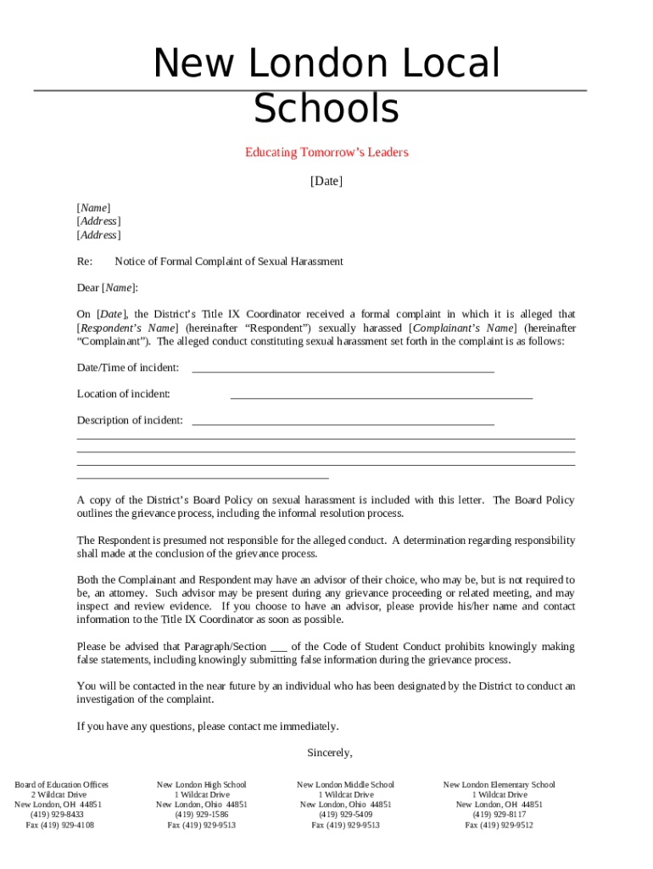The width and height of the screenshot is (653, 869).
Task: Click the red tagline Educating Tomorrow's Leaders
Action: pos(326,153)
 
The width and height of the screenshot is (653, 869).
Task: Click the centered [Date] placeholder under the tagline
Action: pos(326,181)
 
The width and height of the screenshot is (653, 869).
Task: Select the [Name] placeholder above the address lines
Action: pos(93,208)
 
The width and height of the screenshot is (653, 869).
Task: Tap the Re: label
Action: pos(85,261)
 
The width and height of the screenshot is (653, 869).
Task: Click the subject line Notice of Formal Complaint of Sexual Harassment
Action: pos(229,261)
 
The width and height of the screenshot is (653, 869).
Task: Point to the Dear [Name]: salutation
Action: pos(108,288)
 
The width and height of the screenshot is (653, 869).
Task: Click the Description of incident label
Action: pos(130,420)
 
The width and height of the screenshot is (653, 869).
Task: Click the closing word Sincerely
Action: pos(329,753)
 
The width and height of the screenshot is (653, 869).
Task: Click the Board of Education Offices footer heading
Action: pos(61,785)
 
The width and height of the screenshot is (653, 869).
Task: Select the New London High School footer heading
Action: pos(202,785)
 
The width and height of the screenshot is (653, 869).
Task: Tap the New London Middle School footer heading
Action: pos(345,785)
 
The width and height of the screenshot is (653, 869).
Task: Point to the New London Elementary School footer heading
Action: pos(500,785)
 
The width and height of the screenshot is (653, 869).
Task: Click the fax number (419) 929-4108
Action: pos(60,825)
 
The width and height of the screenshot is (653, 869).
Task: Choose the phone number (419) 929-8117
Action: pos(500,815)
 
